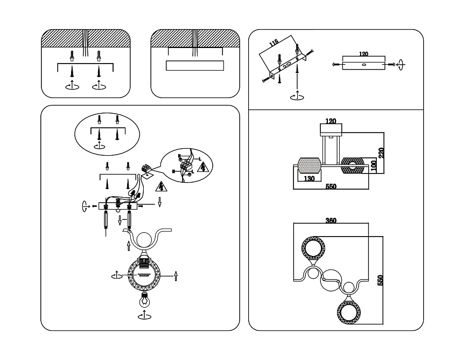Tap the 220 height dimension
pos(381,153)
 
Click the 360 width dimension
pos(331,220)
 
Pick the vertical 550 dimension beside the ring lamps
pos(381,281)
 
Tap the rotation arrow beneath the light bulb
pos(144,317)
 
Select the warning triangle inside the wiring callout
pos(204,167)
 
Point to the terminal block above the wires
pos(146,170)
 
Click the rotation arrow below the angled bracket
pos(296,96)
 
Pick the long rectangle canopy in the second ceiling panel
pos(195,66)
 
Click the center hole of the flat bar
pos(363,65)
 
